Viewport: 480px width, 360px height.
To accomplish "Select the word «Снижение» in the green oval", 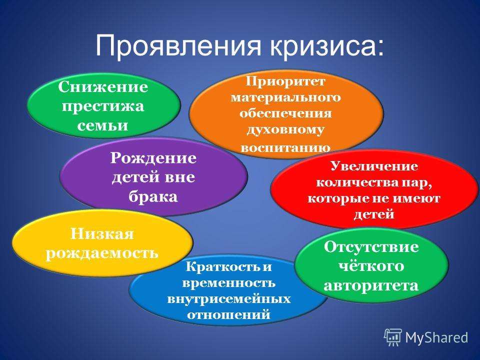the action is tap(103, 86).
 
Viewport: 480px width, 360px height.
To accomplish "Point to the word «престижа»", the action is tap(103, 106).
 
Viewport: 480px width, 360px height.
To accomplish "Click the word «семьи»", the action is tap(102, 125).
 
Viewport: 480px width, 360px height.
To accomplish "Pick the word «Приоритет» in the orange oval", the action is tap(285, 81).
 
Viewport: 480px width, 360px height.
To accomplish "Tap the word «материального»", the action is tap(285, 97).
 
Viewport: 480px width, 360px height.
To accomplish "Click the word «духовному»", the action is tap(285, 130).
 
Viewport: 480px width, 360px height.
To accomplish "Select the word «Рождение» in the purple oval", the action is tap(153, 158).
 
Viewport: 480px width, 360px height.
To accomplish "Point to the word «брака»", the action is tap(153, 196).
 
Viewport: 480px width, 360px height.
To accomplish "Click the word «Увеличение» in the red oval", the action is tap(374, 166).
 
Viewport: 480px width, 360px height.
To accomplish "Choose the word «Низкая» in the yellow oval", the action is tap(102, 234).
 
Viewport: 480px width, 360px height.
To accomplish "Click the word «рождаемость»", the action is tap(102, 253).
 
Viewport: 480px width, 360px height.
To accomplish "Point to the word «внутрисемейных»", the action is tap(229, 299).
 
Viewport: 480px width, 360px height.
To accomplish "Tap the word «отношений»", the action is tap(228, 314).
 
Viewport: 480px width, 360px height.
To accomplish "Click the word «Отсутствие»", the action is tap(371, 247).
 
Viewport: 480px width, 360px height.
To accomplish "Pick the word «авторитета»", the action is tap(371, 285).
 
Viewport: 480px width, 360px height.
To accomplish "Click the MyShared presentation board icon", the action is tap(393, 337).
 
